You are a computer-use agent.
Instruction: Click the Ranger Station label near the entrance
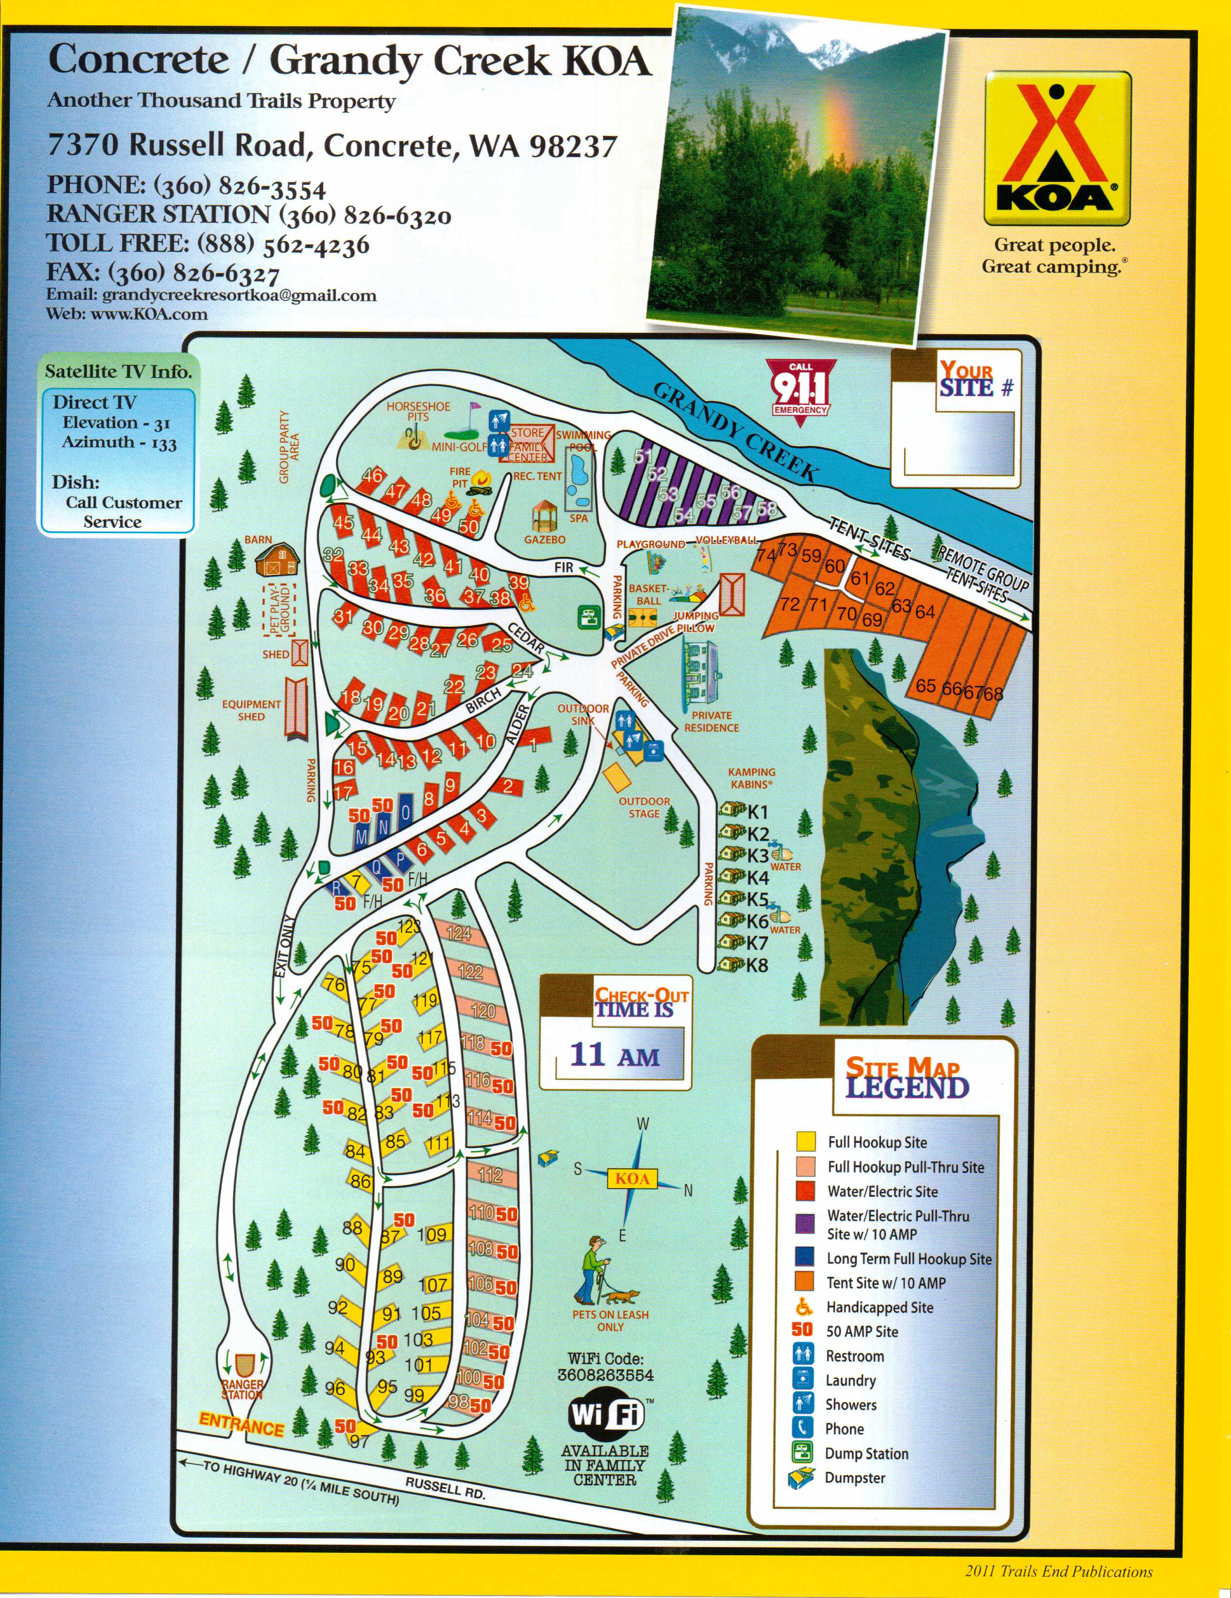click(242, 1389)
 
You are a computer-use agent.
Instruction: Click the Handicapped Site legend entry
click(879, 1307)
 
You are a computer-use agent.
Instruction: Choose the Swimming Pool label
click(583, 440)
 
